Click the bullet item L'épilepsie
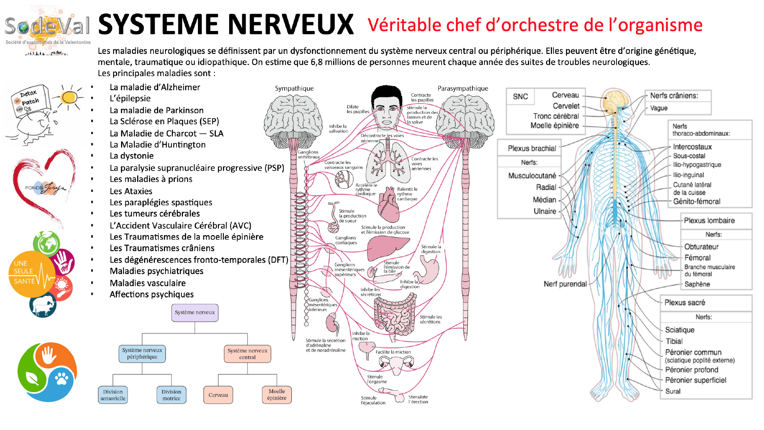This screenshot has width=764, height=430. click(130, 99)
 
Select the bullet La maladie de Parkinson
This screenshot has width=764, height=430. click(157, 110)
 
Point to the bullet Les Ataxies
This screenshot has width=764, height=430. click(131, 191)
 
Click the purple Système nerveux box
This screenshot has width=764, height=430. click(195, 313)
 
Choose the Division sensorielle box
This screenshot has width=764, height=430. click(113, 395)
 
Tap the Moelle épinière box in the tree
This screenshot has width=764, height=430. click(277, 395)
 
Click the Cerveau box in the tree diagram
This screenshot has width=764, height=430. click(218, 395)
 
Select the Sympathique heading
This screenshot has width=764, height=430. click(294, 88)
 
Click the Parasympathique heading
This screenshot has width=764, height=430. click(463, 88)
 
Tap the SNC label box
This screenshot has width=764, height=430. click(520, 97)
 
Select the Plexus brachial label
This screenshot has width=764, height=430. click(532, 148)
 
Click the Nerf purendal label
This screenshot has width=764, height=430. click(565, 284)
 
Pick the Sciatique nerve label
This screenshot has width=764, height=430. click(680, 330)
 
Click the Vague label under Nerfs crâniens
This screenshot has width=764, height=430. click(659, 108)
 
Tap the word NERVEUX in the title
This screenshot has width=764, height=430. click(292, 24)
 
